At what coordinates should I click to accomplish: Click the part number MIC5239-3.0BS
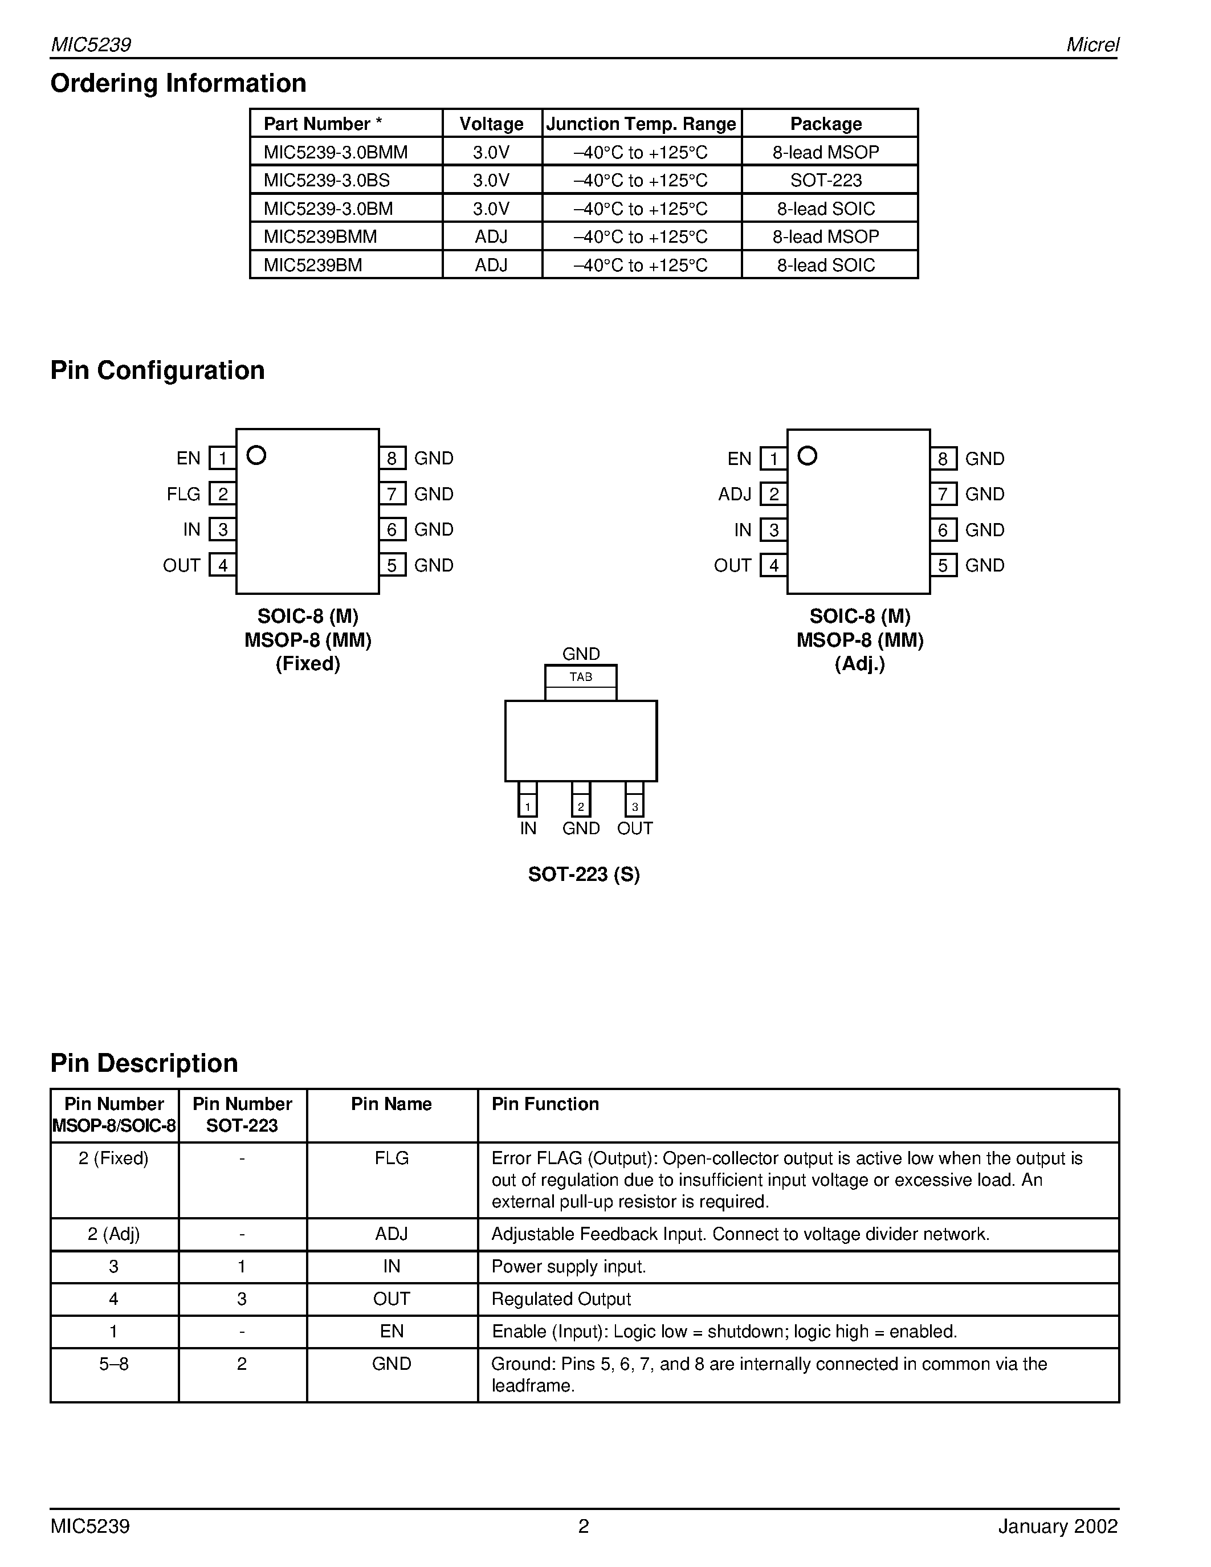[x=327, y=180]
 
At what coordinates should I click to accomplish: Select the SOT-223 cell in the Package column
[x=826, y=180]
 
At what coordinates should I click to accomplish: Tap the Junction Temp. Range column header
[x=641, y=124]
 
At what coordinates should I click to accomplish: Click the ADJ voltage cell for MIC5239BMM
[x=491, y=237]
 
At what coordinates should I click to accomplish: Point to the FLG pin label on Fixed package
[x=183, y=495]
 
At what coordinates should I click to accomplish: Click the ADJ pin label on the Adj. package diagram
[x=734, y=495]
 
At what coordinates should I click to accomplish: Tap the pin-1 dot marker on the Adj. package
[x=807, y=456]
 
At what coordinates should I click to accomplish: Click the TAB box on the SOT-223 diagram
[x=580, y=676]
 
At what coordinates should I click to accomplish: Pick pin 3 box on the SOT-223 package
[x=634, y=806]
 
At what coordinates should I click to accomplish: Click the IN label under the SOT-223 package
[x=528, y=829]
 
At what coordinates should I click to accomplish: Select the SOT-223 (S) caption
[x=583, y=874]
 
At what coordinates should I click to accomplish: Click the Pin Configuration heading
[x=157, y=370]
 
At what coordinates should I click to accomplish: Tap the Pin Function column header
[x=544, y=1104]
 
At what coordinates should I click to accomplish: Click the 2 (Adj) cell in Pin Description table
[x=113, y=1234]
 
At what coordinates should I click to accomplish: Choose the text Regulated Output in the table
[x=561, y=1299]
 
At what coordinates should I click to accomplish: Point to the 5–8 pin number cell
[x=113, y=1364]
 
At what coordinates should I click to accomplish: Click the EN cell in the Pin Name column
[x=391, y=1332]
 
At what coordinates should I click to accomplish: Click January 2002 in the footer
[x=1058, y=1526]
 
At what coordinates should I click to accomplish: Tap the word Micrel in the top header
[x=1092, y=44]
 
